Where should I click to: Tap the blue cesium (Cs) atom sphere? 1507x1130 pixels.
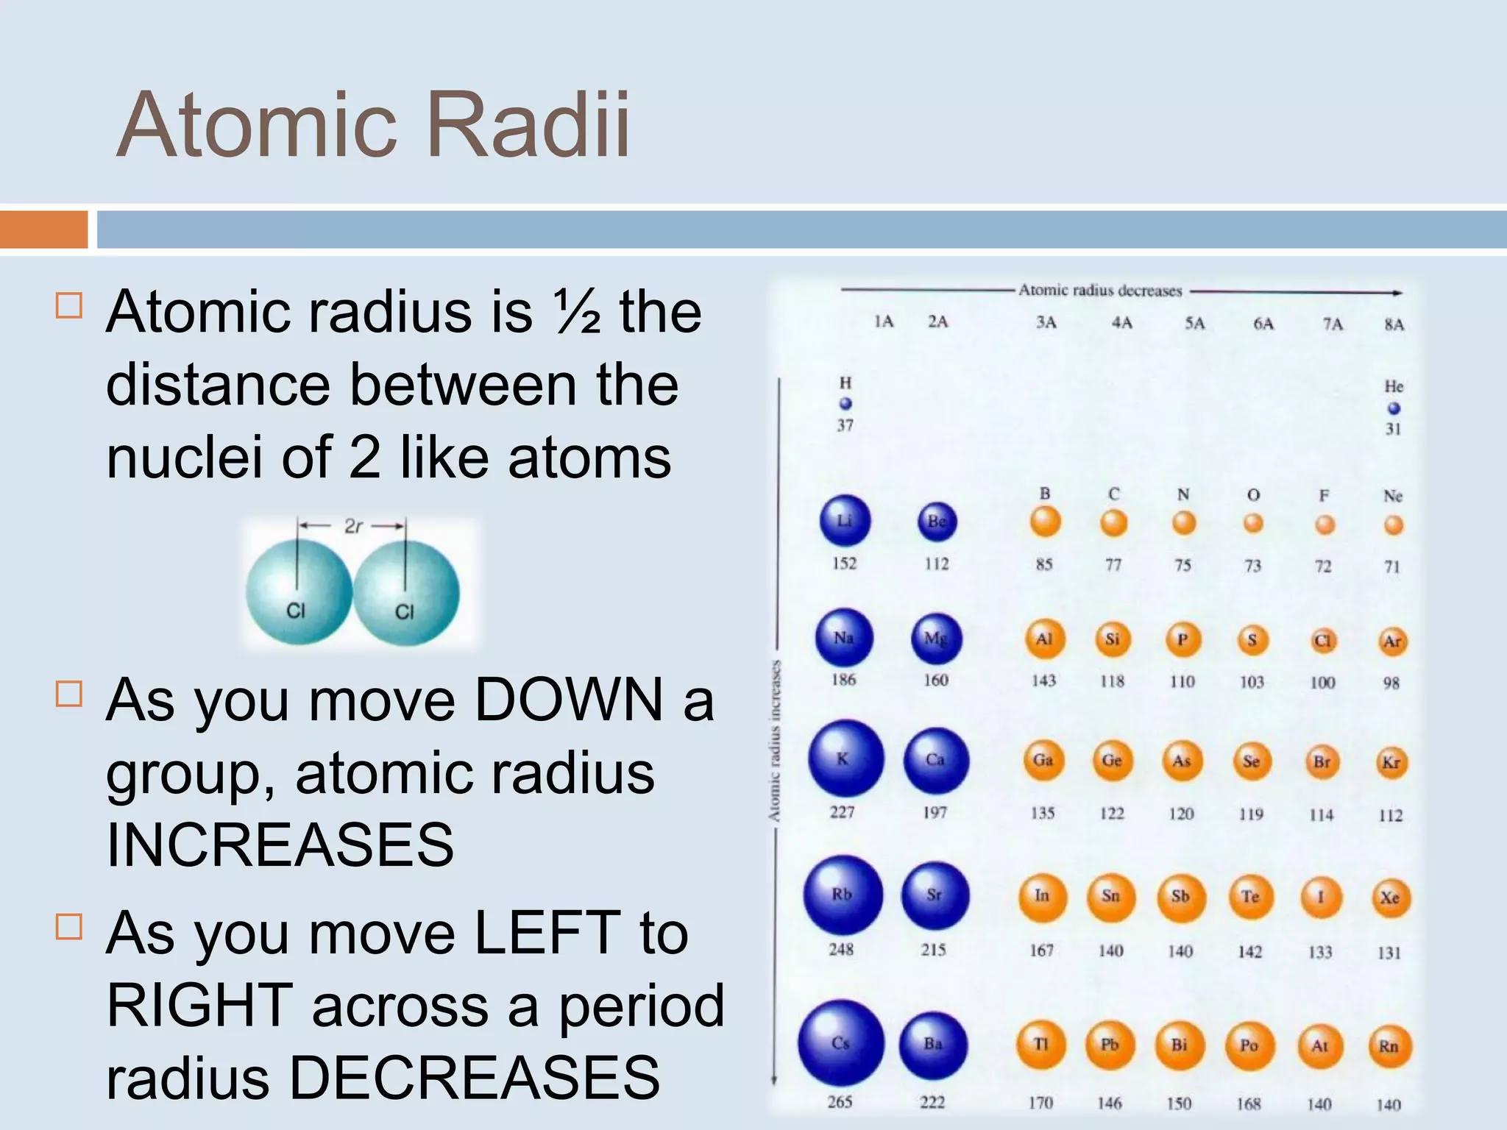(841, 1042)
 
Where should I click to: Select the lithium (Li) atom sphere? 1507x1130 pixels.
(845, 521)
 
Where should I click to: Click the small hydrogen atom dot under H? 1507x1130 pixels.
(845, 403)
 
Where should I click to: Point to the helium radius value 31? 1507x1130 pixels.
(1393, 429)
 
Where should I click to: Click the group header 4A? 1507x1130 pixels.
(1121, 323)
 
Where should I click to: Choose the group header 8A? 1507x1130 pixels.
(1394, 324)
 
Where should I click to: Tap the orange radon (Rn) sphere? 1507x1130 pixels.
(1389, 1045)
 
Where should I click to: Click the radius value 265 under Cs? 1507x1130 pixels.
(840, 1101)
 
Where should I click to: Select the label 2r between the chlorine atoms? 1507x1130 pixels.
(353, 526)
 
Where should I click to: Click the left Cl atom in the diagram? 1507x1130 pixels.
(298, 592)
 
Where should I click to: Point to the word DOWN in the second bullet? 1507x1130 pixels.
(569, 700)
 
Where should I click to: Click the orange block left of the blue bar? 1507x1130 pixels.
(43, 230)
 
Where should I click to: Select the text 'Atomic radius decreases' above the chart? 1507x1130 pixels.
(1100, 291)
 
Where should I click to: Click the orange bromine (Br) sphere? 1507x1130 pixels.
(1322, 762)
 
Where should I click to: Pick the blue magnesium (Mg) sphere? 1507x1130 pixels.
(935, 638)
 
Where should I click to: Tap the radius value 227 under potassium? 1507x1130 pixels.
(842, 812)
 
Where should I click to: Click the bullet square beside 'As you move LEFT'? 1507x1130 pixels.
(69, 927)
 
